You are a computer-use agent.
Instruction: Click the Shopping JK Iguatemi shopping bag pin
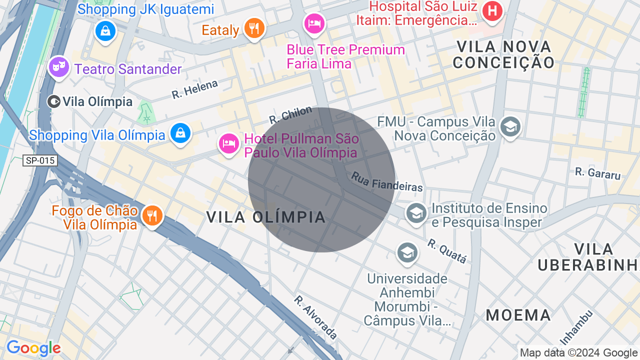pyautogui.click(x=105, y=31)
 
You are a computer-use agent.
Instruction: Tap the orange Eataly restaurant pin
pyautogui.click(x=254, y=27)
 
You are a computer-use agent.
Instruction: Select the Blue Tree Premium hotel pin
pyautogui.click(x=314, y=23)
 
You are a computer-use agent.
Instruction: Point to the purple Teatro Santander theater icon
pyautogui.click(x=59, y=66)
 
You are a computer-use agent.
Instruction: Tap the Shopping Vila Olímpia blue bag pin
pyautogui.click(x=180, y=133)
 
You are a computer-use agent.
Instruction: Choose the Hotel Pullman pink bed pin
pyautogui.click(x=229, y=144)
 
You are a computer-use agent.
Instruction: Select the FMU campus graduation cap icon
pyautogui.click(x=510, y=126)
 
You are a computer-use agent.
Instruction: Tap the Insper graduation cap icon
pyautogui.click(x=416, y=213)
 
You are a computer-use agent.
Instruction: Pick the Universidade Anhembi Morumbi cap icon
pyautogui.click(x=407, y=253)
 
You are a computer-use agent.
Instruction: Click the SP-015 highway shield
pyautogui.click(x=40, y=160)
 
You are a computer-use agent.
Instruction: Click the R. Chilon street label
pyautogui.click(x=290, y=115)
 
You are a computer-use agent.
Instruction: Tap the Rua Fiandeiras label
pyautogui.click(x=387, y=182)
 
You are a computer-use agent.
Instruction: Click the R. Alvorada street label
pyautogui.click(x=315, y=317)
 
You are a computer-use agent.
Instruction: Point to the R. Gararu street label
pyautogui.click(x=597, y=173)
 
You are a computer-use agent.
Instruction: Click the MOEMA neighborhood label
pyautogui.click(x=518, y=315)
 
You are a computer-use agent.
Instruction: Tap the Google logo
pyautogui.click(x=33, y=348)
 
